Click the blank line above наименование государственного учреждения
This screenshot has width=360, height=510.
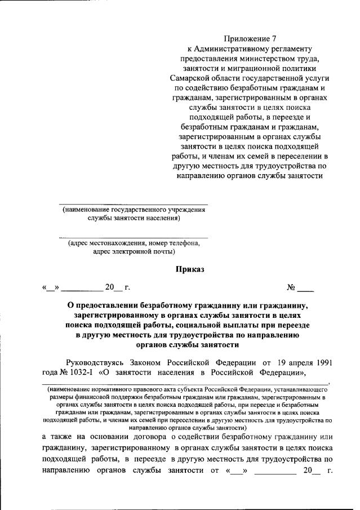[x=134, y=203]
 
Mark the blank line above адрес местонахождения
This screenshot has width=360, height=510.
[x=134, y=237]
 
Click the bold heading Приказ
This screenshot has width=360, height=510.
[x=190, y=269]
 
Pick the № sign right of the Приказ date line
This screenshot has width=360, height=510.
[x=291, y=288]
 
